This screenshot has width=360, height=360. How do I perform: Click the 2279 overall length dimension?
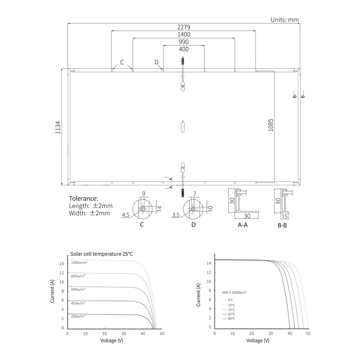(184, 27)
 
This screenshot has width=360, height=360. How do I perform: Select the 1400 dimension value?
(184, 35)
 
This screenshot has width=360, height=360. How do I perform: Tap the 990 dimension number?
(184, 42)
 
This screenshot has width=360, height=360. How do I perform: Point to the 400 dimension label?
(184, 49)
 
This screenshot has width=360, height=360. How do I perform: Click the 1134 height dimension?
(58, 127)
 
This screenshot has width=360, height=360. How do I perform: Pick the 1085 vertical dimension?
(271, 125)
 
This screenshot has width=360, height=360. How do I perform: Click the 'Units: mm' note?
(285, 20)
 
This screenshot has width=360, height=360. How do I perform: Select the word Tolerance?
(83, 198)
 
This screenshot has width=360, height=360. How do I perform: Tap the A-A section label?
(243, 225)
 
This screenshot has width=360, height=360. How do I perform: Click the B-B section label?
(282, 225)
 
